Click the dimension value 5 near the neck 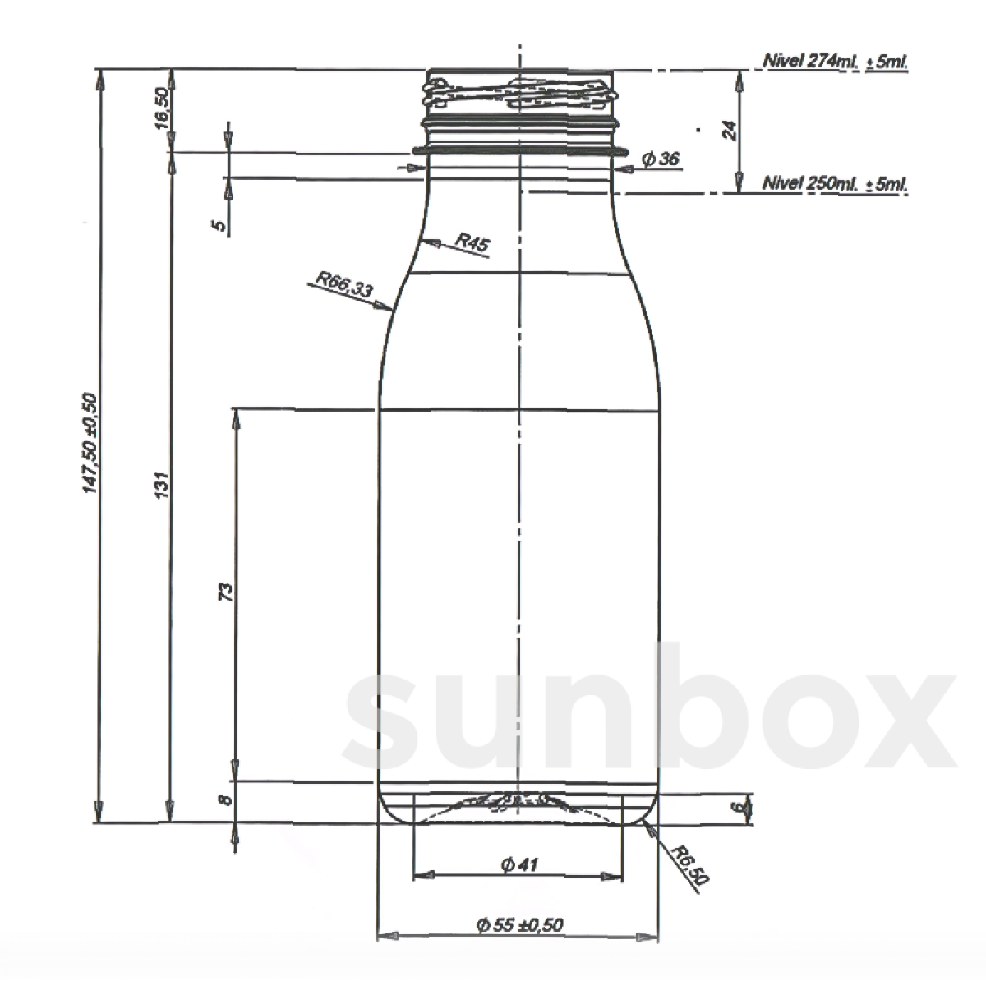tap(219, 226)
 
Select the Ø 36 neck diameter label tap(661, 159)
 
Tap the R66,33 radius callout tap(343, 287)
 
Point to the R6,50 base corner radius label tap(688, 865)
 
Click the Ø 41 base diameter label tap(518, 864)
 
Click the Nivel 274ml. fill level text tap(835, 62)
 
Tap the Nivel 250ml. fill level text tap(835, 183)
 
